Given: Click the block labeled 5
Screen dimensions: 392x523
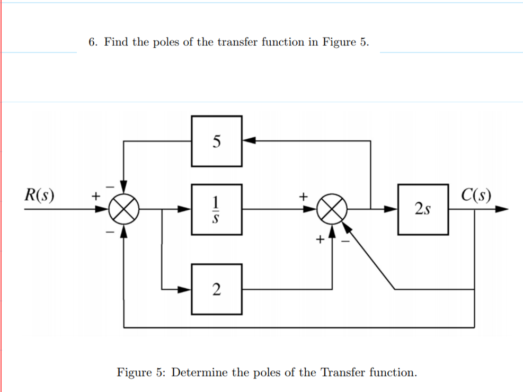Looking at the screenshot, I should [x=216, y=141].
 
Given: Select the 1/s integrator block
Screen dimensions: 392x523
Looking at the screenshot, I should [x=216, y=209].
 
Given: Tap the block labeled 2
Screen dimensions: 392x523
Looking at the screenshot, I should [x=216, y=289].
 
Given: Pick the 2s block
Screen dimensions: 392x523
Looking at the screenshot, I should [x=423, y=209].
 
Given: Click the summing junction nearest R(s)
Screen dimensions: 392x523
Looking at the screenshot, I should [x=124, y=209].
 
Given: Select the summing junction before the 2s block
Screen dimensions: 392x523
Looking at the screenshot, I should [x=332, y=209].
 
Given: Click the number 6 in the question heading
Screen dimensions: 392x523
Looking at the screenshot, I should [x=92, y=42].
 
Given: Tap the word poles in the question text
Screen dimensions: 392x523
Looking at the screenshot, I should [x=166, y=42].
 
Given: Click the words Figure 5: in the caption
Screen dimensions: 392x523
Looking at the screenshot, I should [x=141, y=372].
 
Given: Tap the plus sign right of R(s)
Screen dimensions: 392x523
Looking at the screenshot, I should [x=96, y=197].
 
